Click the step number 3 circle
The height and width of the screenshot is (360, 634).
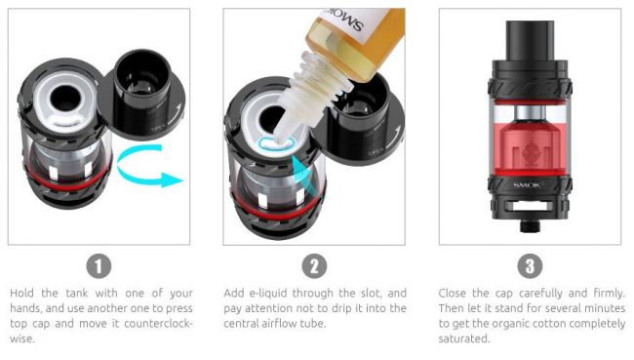coord(528,265)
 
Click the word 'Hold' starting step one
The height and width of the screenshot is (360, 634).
coord(21,293)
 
